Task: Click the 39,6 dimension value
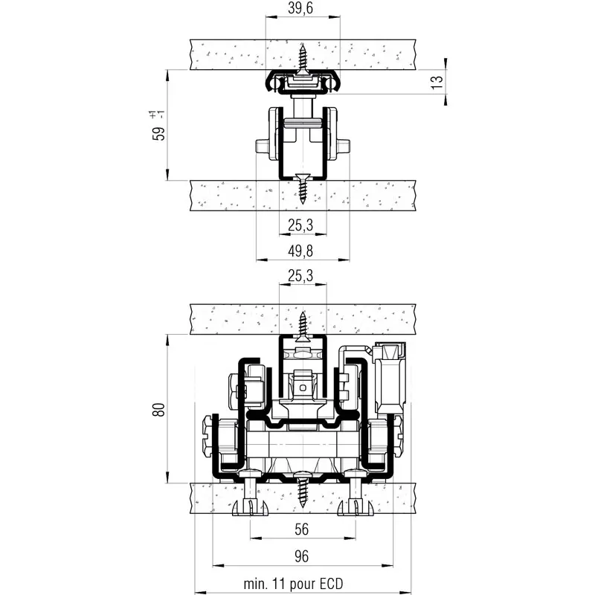302,8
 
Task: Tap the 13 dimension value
437,81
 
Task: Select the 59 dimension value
157,134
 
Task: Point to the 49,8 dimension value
303,248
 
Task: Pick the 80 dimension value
158,409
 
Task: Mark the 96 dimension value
302,556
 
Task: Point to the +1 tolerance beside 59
152,114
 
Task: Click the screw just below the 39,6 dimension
303,59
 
